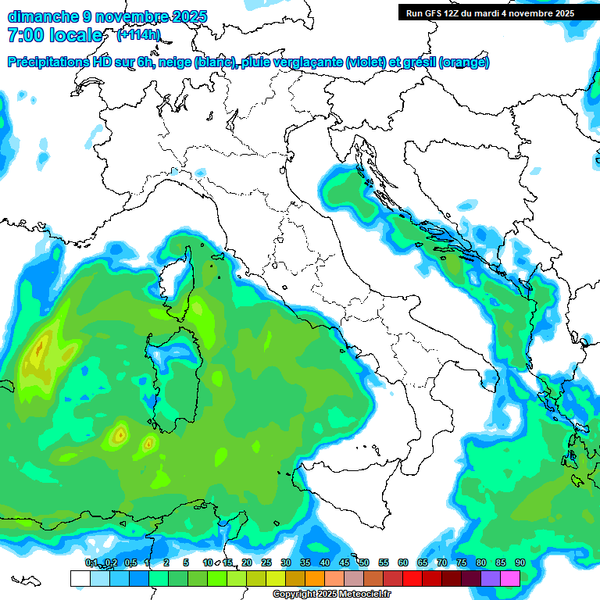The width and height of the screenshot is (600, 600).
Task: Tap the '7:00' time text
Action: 28,35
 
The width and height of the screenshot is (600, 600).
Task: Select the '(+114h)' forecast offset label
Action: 138,35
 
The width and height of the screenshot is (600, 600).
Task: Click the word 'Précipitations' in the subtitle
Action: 49,62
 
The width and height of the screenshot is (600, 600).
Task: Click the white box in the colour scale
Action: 80,578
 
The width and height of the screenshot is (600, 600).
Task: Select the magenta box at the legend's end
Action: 510,578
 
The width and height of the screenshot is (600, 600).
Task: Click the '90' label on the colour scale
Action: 520,562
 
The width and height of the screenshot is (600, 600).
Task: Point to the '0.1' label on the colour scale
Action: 91,562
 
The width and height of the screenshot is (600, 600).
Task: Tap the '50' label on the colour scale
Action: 364,562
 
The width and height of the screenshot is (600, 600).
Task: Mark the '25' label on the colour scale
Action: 266,562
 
